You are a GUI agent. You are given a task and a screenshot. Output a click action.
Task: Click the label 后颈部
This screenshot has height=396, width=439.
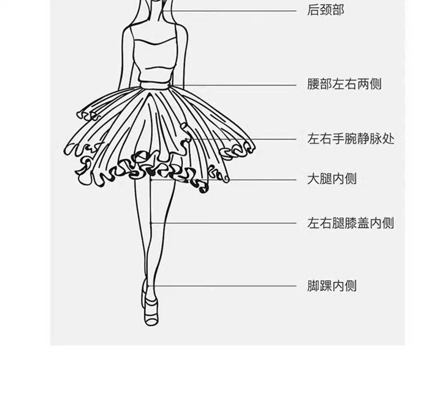325,10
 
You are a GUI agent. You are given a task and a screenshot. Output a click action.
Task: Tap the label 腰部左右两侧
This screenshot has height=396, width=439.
344,84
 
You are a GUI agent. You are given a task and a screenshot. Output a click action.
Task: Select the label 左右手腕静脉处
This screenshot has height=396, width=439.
350,138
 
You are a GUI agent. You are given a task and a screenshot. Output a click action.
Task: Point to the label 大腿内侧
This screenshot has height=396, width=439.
332,179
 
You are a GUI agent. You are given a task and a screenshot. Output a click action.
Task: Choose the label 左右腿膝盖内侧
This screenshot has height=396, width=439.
350,223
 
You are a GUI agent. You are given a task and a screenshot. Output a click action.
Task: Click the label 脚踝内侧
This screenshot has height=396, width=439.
332,285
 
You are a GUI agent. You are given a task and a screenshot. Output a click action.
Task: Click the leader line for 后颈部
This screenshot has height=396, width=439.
230,11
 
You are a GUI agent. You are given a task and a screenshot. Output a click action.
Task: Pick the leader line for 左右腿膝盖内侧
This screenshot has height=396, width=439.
226,223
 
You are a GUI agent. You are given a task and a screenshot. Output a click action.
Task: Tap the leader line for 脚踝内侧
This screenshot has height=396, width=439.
226,285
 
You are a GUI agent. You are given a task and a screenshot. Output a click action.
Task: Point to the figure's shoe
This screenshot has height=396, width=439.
151,311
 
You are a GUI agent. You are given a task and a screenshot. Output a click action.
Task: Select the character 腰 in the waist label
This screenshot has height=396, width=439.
313,84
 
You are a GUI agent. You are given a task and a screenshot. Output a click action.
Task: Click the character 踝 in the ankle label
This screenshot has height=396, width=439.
326,285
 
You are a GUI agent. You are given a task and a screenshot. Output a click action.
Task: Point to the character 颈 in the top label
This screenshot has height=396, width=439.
325,10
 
